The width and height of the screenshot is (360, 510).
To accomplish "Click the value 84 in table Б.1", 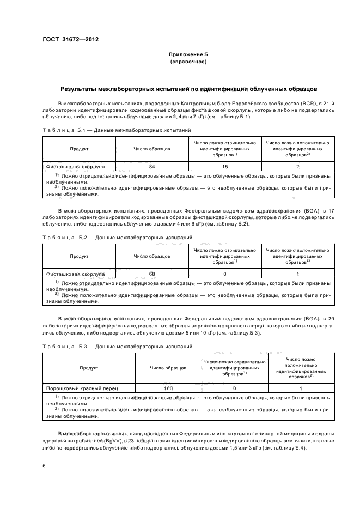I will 152,166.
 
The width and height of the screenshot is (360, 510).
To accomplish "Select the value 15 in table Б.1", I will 225,166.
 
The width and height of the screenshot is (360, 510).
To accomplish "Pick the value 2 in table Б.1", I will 297,166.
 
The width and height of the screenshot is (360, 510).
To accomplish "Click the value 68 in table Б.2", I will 152,274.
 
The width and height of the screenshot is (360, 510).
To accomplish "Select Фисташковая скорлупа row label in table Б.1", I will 76,166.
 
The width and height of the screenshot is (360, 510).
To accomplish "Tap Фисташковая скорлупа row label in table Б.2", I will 76,274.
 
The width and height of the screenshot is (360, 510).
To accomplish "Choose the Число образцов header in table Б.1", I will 152,148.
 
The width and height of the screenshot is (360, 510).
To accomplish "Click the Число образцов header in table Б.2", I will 152,256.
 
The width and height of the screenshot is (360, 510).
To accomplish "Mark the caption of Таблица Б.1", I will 117,131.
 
